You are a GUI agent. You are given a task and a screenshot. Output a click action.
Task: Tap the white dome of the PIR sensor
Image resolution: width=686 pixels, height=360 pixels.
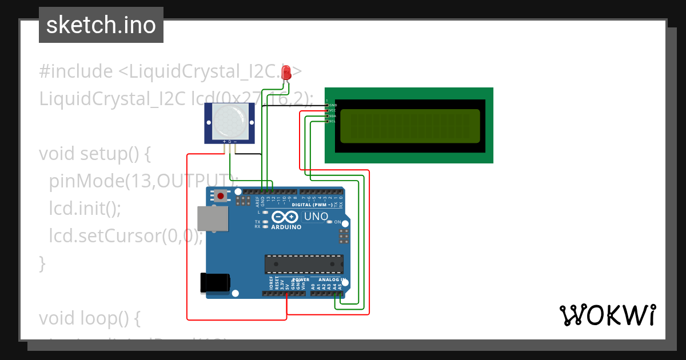[x=230, y=122]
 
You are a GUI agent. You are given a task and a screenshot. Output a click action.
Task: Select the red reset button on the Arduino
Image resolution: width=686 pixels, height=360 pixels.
[x=221, y=197]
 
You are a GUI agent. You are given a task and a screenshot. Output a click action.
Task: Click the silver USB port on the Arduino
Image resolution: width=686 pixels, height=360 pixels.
[x=212, y=218]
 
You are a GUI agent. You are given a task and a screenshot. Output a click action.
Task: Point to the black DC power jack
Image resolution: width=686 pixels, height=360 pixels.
[x=215, y=283]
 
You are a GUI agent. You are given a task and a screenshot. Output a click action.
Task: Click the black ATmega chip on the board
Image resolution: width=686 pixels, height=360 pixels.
[x=304, y=264]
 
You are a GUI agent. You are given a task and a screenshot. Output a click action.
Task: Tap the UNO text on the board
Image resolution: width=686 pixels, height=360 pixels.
[x=316, y=217]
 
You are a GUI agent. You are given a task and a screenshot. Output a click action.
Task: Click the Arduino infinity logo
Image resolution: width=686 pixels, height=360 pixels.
[x=285, y=217]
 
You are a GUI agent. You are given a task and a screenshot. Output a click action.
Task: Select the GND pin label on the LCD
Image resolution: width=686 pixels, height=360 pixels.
[x=333, y=105]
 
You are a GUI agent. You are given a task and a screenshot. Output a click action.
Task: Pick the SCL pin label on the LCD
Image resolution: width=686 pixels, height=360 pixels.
[x=332, y=121]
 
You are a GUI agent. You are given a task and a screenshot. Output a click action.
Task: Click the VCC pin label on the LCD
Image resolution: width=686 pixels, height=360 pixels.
[x=333, y=110]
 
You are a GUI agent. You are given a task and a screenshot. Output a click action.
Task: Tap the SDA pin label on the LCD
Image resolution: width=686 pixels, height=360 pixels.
[x=332, y=116]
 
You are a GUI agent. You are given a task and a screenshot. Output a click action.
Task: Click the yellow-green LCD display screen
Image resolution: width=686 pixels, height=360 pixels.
[x=410, y=126]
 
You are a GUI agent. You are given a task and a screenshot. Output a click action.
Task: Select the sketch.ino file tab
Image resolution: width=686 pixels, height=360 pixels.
[x=101, y=25]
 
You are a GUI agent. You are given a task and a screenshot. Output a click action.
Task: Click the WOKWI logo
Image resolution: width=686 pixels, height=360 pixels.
[x=607, y=315]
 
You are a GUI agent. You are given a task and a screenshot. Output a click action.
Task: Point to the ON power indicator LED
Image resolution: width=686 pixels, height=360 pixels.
[x=330, y=222]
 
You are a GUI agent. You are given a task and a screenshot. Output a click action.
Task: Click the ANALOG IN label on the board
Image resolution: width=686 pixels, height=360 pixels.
[x=332, y=280]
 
